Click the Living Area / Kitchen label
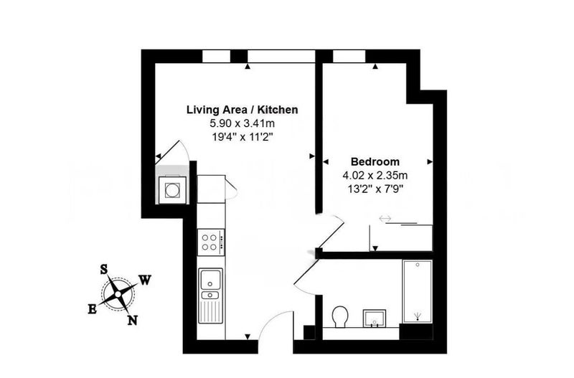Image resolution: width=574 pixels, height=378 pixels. coord(242,110)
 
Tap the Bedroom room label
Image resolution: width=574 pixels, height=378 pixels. coord(375,161)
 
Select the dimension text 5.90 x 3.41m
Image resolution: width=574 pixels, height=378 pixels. coord(242,123)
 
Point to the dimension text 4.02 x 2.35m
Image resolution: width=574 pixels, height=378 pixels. coord(375,175)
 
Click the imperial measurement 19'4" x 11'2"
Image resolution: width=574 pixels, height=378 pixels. coord(243,137)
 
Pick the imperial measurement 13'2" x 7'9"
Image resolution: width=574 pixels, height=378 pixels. coord(375,189)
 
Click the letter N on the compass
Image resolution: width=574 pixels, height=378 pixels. coord(133,321)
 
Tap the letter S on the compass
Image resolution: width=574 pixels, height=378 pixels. coord(104,270)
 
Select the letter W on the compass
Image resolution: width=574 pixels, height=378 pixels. coord(145,280)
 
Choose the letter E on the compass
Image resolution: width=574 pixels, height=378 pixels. coord(93,309)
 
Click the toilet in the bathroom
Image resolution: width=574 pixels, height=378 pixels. coord(340,317)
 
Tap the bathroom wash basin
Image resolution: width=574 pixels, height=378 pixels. coord(374,318)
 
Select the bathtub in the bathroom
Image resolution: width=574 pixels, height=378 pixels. coord(418,291)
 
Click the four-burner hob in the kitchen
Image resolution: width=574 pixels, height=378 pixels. coord(210,242)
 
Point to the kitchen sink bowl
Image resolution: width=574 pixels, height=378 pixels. coord(210,280)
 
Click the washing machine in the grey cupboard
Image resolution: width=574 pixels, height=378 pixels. coord(171,189)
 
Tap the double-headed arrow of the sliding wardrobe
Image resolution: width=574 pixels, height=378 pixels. coord(385,219)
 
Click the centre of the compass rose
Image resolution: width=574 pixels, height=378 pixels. coord(118,294)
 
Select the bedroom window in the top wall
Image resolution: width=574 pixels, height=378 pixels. coord(349,56)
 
